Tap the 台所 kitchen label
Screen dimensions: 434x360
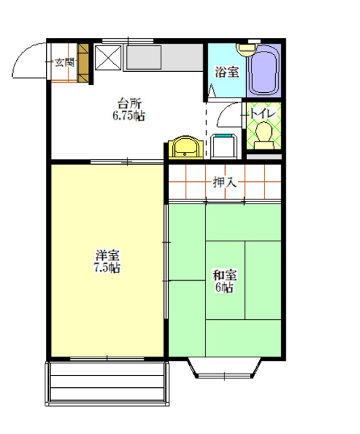[x=129, y=104]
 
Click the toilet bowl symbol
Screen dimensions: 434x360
[x=263, y=132]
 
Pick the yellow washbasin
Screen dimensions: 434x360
[x=184, y=146]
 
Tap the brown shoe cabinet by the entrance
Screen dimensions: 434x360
[x=84, y=63]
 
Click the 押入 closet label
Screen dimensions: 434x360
[x=224, y=182]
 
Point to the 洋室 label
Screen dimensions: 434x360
[x=107, y=256]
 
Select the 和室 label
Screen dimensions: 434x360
[x=224, y=275]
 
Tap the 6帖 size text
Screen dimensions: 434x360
[x=224, y=287]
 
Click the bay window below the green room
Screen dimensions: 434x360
[x=224, y=368]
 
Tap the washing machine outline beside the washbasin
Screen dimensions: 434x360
[x=223, y=145]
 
